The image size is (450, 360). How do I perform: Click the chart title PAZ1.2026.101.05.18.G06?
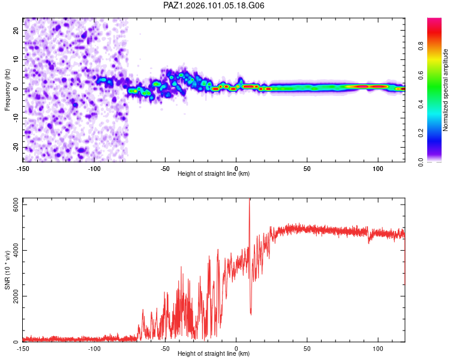pyautogui.click(x=214, y=5)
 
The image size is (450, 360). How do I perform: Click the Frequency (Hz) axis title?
pyautogui.click(x=7, y=90)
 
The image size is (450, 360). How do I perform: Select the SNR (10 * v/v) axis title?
pyautogui.click(x=7, y=270)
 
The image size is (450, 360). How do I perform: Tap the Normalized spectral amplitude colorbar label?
pyautogui.click(x=445, y=90)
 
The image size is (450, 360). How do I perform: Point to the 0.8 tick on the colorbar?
pyautogui.click(x=421, y=46)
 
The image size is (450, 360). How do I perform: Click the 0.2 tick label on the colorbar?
pyautogui.click(x=421, y=133)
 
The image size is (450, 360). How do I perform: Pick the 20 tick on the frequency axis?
pyautogui.click(x=16, y=30)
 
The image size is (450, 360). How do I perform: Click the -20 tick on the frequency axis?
pyautogui.click(x=16, y=148)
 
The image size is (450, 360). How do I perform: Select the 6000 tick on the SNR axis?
pyautogui.click(x=16, y=205)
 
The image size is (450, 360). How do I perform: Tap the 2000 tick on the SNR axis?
pyautogui.click(x=16, y=296)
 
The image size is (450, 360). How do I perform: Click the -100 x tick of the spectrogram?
pyautogui.click(x=94, y=169)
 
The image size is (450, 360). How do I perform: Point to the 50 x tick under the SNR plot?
pyautogui.click(x=307, y=349)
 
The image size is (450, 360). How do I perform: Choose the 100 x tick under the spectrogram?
pyautogui.click(x=378, y=169)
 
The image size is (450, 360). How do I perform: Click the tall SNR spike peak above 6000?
pyautogui.click(x=250, y=199)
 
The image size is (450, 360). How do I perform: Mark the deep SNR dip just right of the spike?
pyautogui.click(x=251, y=314)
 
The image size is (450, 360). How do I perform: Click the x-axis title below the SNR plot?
pyautogui.click(x=214, y=353)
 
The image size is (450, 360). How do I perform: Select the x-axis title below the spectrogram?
pyautogui.click(x=214, y=173)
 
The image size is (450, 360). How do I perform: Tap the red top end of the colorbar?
pyautogui.click(x=434, y=20)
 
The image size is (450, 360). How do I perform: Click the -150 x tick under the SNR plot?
pyautogui.click(x=23, y=349)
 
